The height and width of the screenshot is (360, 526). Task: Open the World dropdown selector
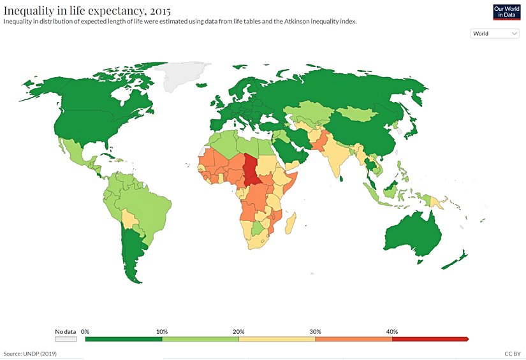(x=495, y=34)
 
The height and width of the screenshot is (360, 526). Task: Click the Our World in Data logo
(x=506, y=11)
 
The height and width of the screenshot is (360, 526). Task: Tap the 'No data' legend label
(x=65, y=331)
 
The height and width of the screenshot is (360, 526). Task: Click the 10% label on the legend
(x=162, y=331)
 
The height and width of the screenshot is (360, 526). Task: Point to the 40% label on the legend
(x=392, y=331)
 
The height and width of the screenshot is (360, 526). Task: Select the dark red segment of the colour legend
(x=430, y=339)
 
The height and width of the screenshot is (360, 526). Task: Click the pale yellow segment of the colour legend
(x=277, y=339)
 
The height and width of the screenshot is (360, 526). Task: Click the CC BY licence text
(x=513, y=352)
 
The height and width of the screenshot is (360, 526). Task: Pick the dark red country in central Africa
(x=252, y=169)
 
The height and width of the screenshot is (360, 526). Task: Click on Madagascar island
(x=292, y=223)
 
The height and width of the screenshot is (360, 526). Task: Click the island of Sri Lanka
(x=343, y=178)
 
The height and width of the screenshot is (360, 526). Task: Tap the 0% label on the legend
(x=85, y=331)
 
